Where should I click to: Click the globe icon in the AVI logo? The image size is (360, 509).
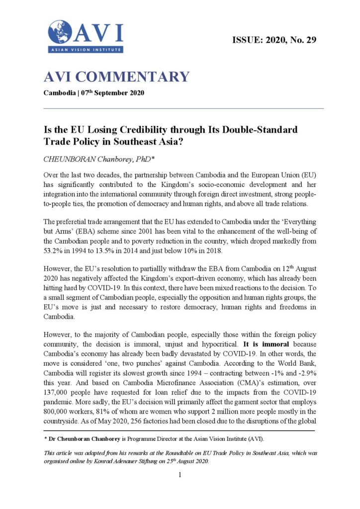(59, 32)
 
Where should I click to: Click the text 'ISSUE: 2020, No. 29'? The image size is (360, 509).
(274, 39)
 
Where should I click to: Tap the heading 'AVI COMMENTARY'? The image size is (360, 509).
(117, 77)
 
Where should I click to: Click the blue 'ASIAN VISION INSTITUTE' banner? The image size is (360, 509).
(86, 50)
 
